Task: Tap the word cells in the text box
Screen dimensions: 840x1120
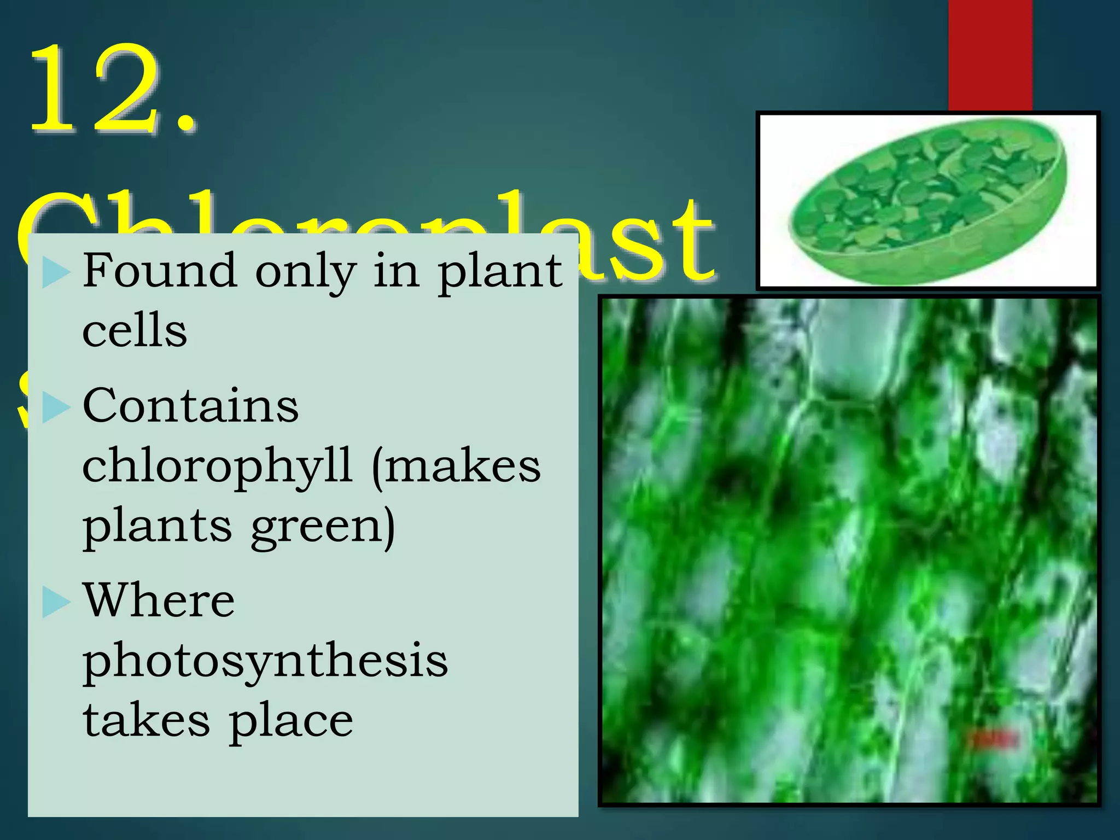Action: (x=135, y=331)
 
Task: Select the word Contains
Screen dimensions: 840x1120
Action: (x=190, y=406)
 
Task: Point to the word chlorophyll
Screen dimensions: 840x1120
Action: (x=217, y=466)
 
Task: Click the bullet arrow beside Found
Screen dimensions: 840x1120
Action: (x=56, y=272)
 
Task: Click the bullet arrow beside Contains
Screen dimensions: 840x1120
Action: (x=56, y=407)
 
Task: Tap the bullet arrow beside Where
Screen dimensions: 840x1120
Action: (x=56, y=602)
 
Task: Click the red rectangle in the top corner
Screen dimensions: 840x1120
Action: (x=990, y=55)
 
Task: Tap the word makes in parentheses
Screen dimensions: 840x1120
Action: (x=463, y=466)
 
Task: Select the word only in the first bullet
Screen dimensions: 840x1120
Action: (x=306, y=272)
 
